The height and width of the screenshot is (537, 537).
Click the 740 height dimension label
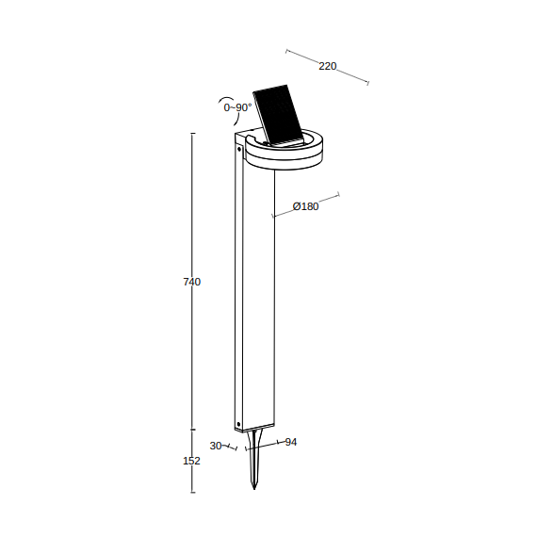tap(192, 282)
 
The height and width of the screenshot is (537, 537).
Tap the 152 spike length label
tap(191, 461)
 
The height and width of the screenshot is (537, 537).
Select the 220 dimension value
tap(328, 66)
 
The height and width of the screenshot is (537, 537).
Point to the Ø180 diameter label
tap(306, 206)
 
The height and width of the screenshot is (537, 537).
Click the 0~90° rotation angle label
tap(237, 107)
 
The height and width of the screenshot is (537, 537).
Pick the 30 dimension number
tap(216, 446)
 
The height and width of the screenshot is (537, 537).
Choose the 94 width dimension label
tap(291, 442)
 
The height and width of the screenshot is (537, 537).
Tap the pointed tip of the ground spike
tap(254, 489)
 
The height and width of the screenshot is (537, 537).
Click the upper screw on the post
tap(239, 149)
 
